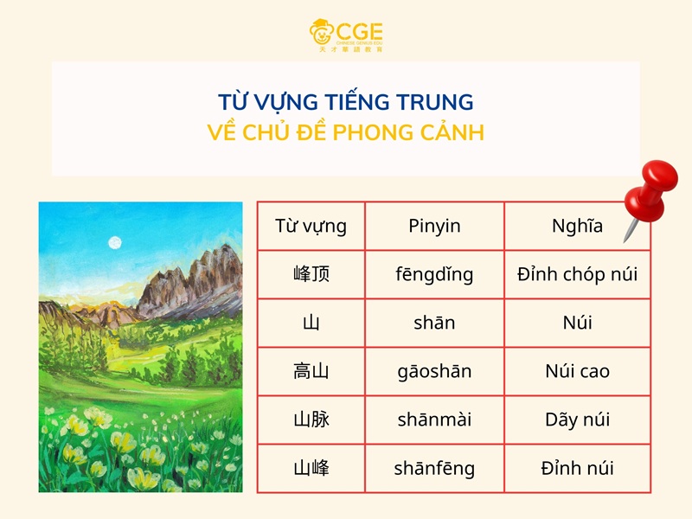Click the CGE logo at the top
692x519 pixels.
coord(346,35)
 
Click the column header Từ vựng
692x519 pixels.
coord(311,227)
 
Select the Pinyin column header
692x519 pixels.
coord(434,227)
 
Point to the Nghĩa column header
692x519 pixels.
coord(577,227)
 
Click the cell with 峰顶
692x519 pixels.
coord(311,275)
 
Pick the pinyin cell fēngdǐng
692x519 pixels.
coord(434,275)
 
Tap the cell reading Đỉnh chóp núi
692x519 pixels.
coord(577,275)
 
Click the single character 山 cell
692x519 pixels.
coord(311,324)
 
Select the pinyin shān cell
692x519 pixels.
coord(434,324)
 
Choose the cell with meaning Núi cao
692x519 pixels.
coord(577,372)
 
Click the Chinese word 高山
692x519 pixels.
coord(311,372)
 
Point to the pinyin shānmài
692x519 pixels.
coord(434,420)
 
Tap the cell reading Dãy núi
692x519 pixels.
coord(577,420)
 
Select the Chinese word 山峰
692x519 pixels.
coord(311,469)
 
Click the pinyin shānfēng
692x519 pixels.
coord(434,469)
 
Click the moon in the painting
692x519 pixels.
coord(114,242)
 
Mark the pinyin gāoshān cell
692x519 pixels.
coord(434,372)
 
